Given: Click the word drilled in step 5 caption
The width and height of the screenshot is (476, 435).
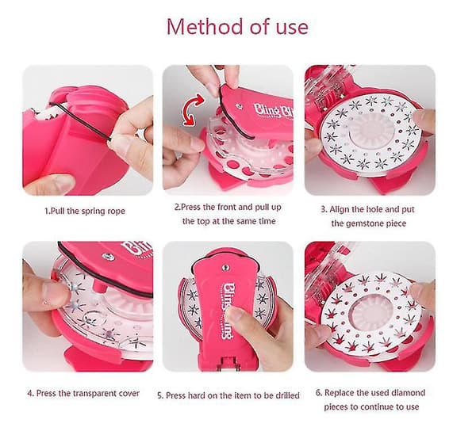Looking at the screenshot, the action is point(287,395).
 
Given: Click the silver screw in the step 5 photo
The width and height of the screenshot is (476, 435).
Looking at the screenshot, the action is point(225,267).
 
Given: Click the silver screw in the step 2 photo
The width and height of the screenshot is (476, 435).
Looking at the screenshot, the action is point(240,106).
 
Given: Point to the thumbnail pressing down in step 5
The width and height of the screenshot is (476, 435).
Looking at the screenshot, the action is point(236,313).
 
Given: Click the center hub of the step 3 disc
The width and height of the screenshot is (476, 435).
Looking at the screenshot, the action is point(369,134).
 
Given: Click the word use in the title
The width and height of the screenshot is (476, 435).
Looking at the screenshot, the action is point(292,28).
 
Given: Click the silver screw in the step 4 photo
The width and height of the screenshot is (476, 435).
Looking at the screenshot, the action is point(108,257).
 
